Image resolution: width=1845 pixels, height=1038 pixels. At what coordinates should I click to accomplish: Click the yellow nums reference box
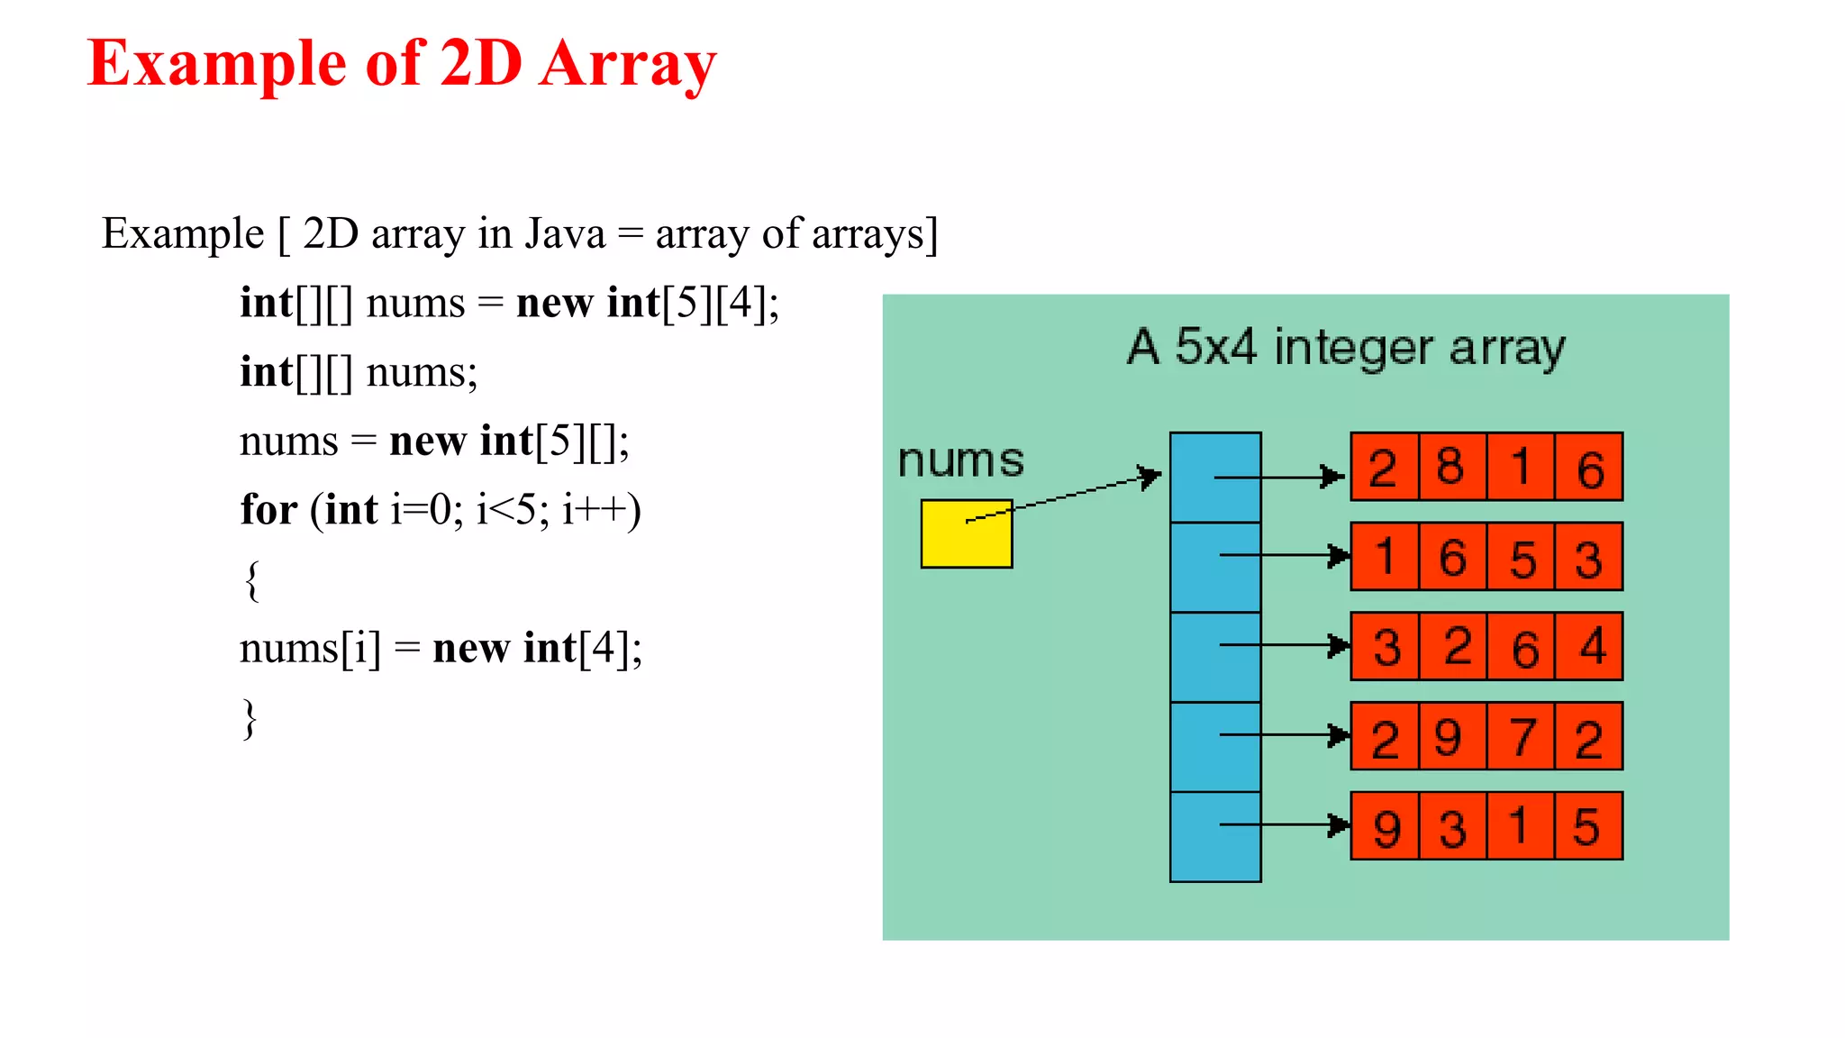click(966, 534)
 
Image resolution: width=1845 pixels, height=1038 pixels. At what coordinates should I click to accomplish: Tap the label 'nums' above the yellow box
click(960, 460)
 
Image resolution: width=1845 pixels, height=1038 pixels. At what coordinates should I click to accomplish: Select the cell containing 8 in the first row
click(1451, 467)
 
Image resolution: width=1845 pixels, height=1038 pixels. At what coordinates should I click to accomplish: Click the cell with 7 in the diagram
click(1521, 736)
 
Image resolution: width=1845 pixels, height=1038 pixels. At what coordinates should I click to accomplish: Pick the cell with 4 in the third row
click(1589, 646)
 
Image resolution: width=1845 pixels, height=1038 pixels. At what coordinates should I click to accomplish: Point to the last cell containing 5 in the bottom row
click(1589, 826)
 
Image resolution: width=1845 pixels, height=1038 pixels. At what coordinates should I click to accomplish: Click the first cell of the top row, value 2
click(1384, 467)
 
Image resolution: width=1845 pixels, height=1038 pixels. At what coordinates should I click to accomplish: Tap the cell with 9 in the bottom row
click(1384, 826)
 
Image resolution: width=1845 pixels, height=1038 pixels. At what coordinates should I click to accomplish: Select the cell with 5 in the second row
click(1521, 557)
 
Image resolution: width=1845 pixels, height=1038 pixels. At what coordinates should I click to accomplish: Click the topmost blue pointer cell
click(1214, 478)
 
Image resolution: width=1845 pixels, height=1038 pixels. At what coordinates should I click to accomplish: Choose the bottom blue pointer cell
click(1214, 837)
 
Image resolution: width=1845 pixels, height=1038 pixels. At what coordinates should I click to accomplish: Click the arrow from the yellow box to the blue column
click(1063, 497)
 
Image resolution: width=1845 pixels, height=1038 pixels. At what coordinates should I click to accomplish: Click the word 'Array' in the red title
click(627, 65)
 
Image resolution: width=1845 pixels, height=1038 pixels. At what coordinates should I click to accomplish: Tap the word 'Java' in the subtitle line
click(565, 234)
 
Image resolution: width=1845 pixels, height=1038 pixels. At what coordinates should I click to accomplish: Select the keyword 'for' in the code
click(268, 510)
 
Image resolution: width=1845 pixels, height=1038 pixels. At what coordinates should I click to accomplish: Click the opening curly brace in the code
click(252, 580)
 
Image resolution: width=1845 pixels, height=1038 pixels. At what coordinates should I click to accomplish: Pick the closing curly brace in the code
click(250, 718)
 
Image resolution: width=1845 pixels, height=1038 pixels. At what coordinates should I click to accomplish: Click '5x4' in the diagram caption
click(1214, 347)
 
